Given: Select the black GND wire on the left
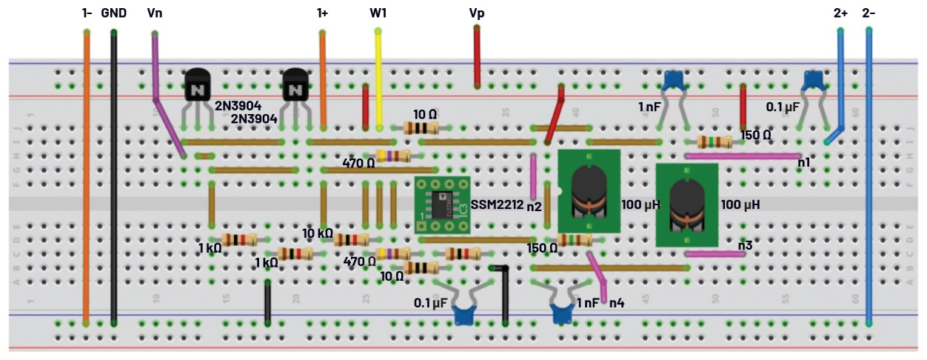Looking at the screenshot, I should point(113,178).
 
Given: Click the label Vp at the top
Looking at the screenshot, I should point(477,13).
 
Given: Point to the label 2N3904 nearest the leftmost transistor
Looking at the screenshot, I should point(238,106).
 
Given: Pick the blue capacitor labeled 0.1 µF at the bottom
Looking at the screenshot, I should point(465,313).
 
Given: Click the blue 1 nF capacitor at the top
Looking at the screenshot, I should point(673,79).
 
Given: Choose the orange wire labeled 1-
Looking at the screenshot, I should point(87,178).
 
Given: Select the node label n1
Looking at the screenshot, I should point(803,161).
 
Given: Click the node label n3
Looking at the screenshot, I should point(745,244).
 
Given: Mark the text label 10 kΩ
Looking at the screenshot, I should point(317,234).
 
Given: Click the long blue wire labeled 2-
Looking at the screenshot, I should point(869,178).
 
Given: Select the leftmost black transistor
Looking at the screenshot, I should point(198,84).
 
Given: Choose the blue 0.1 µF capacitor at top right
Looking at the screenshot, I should point(814,79).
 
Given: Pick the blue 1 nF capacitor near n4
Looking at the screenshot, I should point(563,314).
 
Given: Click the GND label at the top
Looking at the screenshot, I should point(113,13).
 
